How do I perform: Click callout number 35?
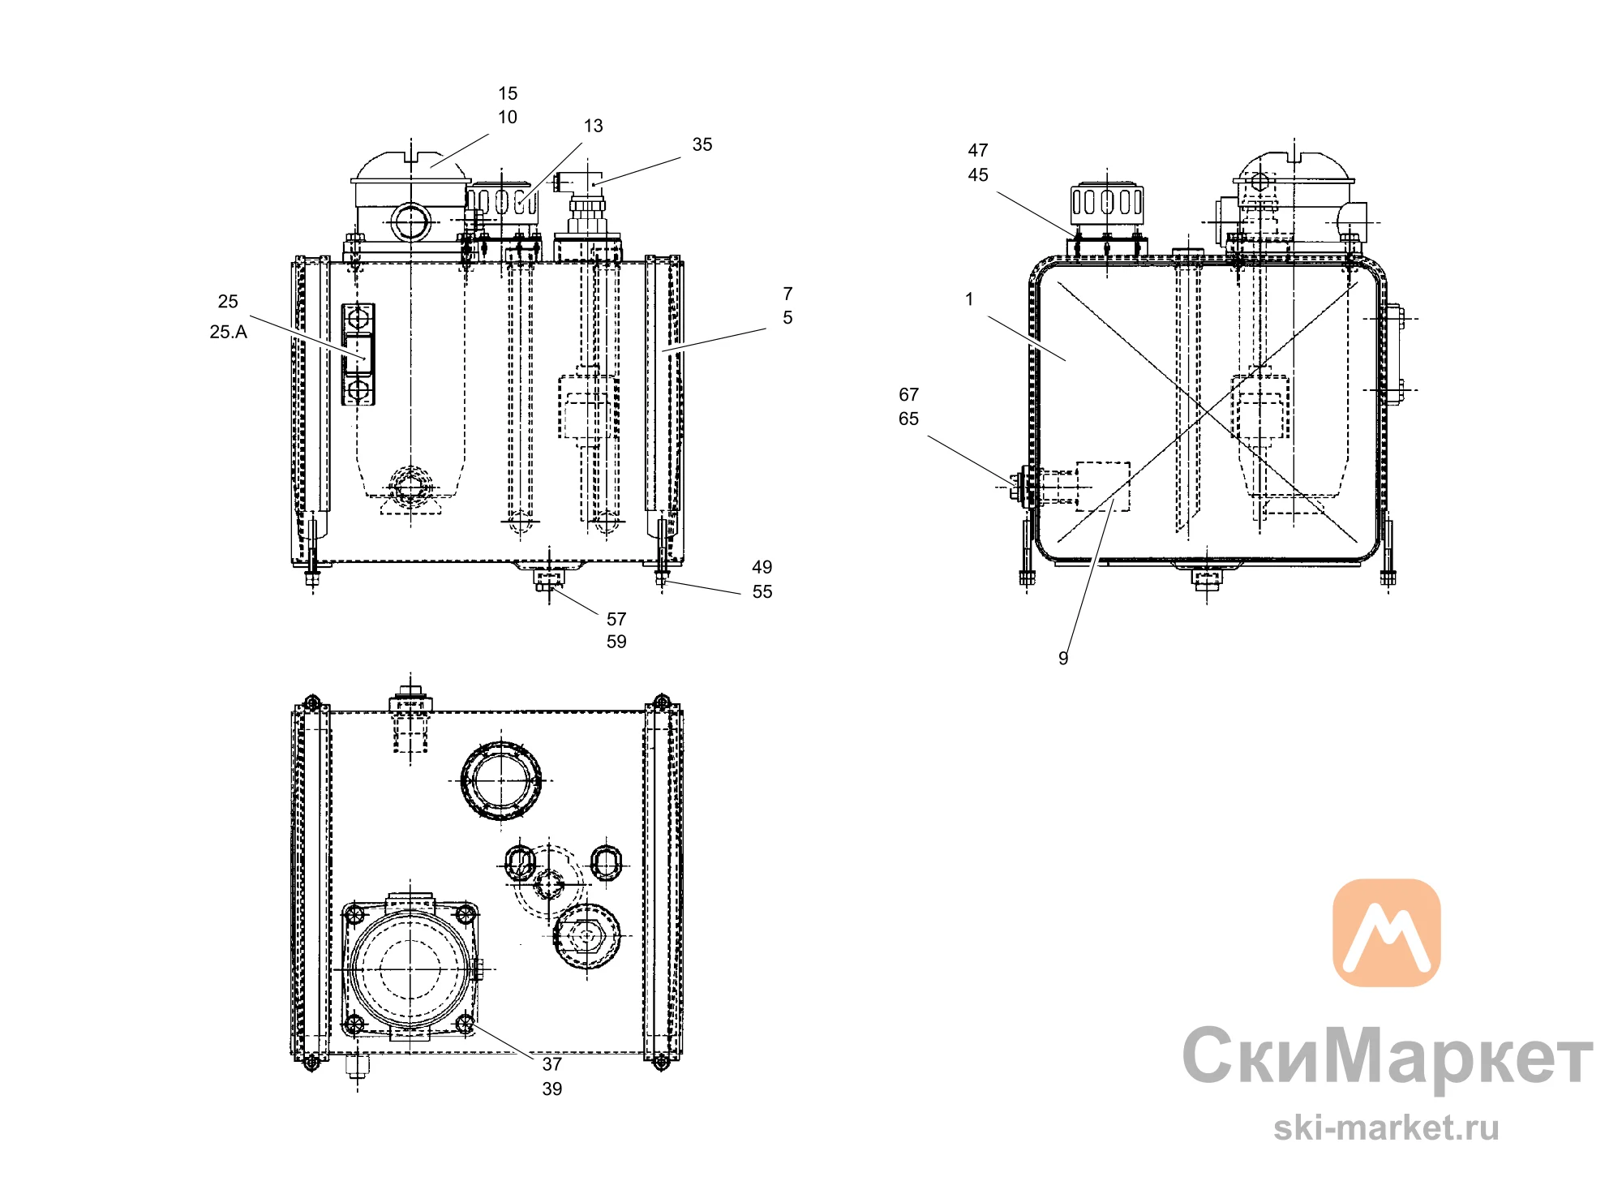click(702, 144)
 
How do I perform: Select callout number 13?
click(594, 126)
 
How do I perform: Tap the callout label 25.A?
click(228, 332)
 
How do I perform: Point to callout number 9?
click(1063, 658)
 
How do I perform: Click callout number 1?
click(969, 299)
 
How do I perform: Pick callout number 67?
click(908, 394)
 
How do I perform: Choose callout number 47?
click(978, 150)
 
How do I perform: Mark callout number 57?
click(616, 619)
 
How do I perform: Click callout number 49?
click(762, 567)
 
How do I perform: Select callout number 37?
click(552, 1063)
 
